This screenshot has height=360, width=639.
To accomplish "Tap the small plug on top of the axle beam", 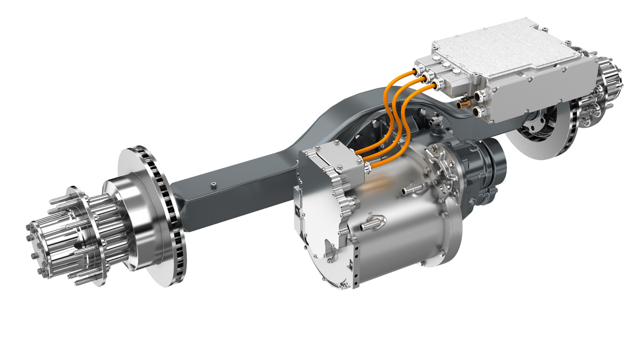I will pyautogui.click(x=212, y=185).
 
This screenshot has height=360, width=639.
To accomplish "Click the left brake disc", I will pyautogui.click(x=152, y=213).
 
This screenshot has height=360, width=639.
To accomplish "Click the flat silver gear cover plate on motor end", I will pyautogui.click(x=314, y=229).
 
